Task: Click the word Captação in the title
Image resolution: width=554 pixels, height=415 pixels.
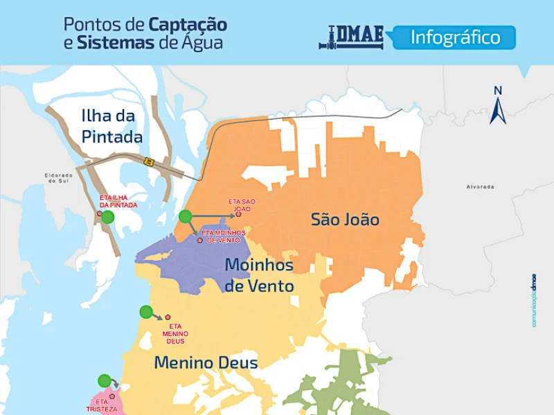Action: coord(188,26)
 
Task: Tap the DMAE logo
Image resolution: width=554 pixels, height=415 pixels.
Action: coord(351,37)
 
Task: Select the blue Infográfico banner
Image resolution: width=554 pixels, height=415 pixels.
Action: coord(455,37)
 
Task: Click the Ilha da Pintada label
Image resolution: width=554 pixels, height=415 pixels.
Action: coord(111,126)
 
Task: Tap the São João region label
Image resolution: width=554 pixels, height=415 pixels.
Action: coord(345,220)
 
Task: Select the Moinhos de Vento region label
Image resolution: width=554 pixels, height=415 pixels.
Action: coord(259,275)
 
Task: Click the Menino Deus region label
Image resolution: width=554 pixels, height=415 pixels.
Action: coord(206,362)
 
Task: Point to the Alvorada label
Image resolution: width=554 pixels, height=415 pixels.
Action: coord(481,187)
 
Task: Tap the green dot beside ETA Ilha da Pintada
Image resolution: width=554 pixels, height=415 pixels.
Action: coord(107,216)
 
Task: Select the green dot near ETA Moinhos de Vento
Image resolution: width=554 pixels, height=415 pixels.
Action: coord(185,216)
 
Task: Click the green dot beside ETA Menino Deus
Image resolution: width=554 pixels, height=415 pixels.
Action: coord(145,312)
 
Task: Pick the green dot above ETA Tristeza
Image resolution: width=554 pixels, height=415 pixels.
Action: coord(104,380)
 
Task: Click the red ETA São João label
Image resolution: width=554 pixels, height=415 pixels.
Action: coord(242,205)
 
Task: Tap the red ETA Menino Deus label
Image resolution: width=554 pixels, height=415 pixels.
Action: coord(175,333)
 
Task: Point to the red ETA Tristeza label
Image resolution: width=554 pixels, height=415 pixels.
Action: coord(102,405)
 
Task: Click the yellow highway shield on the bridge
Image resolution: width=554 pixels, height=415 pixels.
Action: coord(148,161)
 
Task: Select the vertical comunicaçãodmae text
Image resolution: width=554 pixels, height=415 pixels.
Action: coord(534,301)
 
